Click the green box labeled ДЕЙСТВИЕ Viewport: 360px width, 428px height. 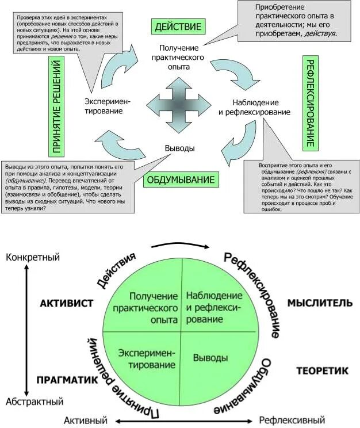(x=177, y=26)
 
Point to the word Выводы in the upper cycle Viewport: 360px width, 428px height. (x=179, y=148)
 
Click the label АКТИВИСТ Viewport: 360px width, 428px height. (x=67, y=304)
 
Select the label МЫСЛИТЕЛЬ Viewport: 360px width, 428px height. (x=316, y=303)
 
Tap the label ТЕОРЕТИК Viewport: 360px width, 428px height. (x=322, y=371)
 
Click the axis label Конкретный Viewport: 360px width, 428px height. (x=33, y=257)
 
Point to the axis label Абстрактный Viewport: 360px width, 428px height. (x=35, y=401)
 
